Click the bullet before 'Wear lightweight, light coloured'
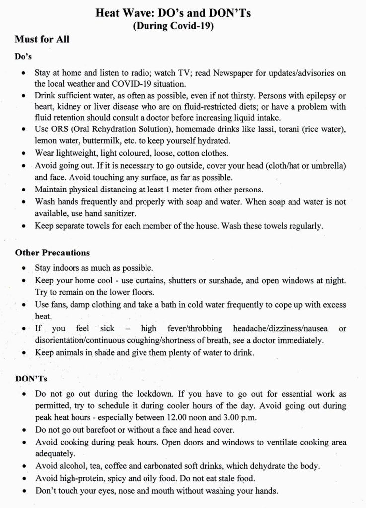point(25,152)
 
